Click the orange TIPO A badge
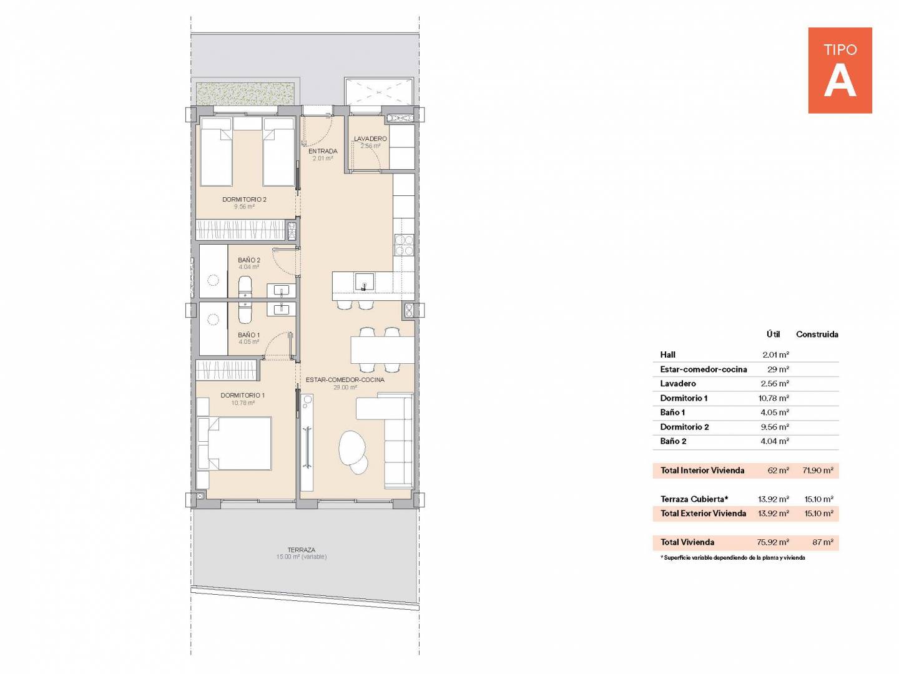point(840,71)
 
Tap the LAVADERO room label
point(370,139)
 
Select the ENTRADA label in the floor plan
point(323,151)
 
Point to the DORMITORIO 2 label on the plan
point(244,199)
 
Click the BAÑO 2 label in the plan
point(249,260)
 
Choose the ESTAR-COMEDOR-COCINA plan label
point(345,380)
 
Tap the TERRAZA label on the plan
point(302,550)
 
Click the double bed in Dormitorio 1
point(234,444)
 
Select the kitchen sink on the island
point(364,282)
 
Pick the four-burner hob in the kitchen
point(404,245)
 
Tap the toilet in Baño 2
point(245,286)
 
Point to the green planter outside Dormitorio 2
point(245,94)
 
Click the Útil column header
point(774,335)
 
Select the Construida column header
point(817,335)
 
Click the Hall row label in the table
point(667,355)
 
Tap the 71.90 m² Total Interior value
point(818,471)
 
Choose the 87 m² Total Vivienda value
point(823,542)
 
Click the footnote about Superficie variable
point(733,558)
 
